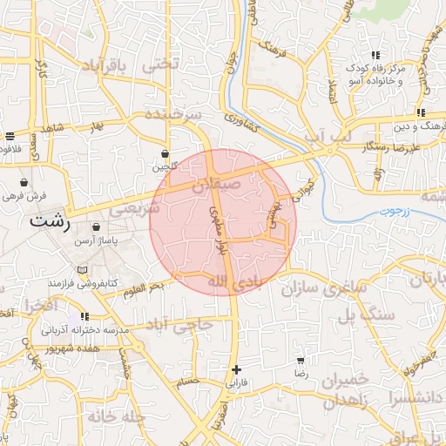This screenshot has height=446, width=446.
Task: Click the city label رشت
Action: pyautogui.click(x=50, y=220)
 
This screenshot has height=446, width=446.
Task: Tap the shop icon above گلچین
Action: pyautogui.click(x=166, y=153)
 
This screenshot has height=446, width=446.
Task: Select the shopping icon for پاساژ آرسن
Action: pyautogui.click(x=84, y=227)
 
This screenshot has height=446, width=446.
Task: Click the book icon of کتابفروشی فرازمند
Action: pyautogui.click(x=83, y=270)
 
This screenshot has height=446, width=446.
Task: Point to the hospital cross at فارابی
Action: pyautogui.click(x=236, y=369)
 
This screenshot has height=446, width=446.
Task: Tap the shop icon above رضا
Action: pyautogui.click(x=301, y=360)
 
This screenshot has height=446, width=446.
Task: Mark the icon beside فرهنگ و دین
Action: pyautogui.click(x=420, y=112)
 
